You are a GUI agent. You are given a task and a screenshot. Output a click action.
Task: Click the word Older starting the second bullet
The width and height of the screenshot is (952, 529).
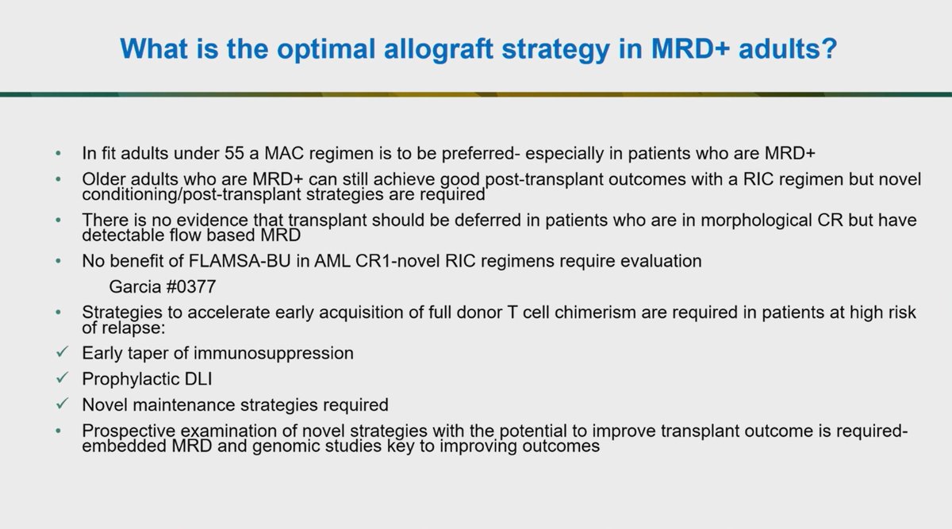pos(103,179)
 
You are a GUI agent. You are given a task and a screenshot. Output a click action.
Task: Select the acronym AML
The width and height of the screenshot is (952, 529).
pos(306,261)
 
